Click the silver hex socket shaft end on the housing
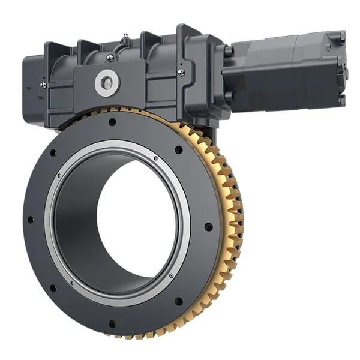pyautogui.click(x=107, y=82)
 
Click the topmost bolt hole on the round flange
pyautogui.click(x=112, y=122)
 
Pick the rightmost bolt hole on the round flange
pyautogui.click(x=208, y=227)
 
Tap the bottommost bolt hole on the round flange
pyautogui.click(x=112, y=324)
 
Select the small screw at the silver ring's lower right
pyautogui.click(x=172, y=275)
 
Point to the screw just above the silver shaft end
pyautogui.click(x=110, y=58)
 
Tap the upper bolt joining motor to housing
pyautogui.click(x=229, y=50)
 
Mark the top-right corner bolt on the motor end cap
pyautogui.click(x=341, y=35)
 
